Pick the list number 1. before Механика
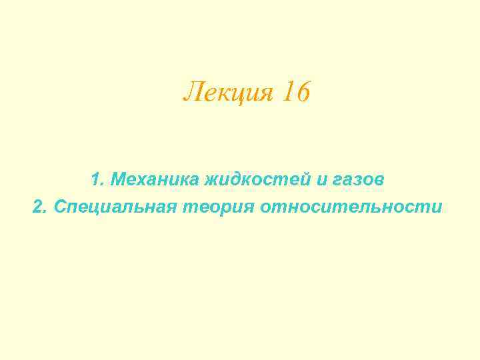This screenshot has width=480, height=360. pos(97,179)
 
